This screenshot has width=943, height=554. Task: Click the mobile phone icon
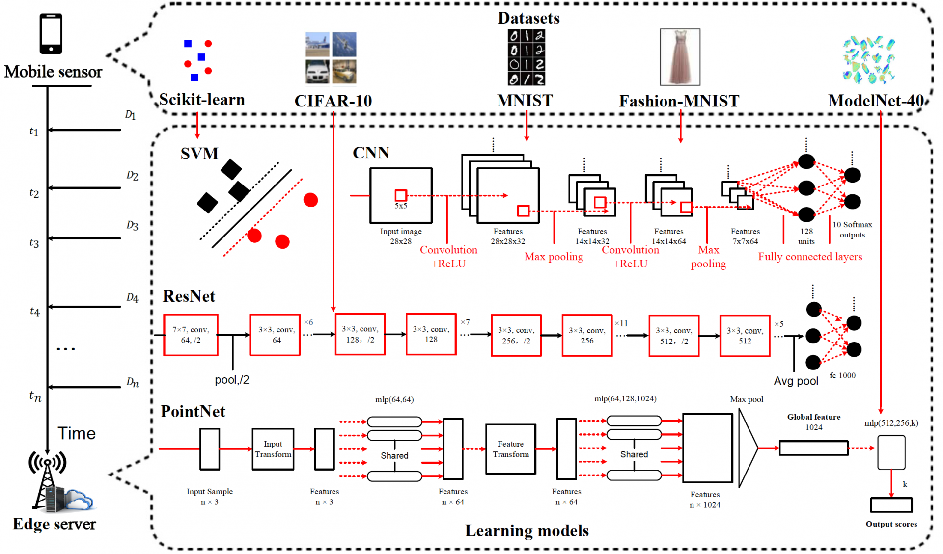51,33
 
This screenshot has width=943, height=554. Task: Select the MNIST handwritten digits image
527,57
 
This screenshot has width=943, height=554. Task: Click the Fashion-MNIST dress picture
680,57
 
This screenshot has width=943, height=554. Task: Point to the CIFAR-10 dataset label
333,101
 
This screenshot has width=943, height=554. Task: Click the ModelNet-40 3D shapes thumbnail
869,59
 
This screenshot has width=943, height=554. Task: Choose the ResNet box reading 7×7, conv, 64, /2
191,335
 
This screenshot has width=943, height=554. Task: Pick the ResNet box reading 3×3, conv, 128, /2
360,335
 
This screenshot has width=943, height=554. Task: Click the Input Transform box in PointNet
273,449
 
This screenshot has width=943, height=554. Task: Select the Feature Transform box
511,449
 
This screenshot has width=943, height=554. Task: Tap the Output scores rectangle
891,505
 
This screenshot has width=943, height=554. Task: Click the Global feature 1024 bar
813,448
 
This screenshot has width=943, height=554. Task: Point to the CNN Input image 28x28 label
401,236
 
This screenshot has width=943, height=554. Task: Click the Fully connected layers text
810,257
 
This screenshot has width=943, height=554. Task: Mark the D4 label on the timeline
132,297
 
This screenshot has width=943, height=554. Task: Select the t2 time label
34,193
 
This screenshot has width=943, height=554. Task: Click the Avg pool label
796,381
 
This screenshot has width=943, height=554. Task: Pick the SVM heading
199,154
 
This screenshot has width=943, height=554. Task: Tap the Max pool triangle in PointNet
747,448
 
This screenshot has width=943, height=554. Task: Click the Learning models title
527,531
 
